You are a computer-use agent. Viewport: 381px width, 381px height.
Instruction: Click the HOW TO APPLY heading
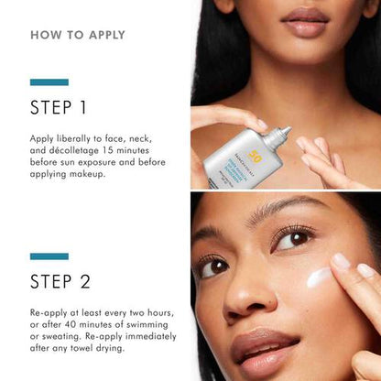coord(78,36)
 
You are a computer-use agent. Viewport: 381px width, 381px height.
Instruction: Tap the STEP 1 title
coord(59,108)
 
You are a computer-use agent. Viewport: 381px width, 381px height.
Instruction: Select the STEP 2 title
coord(59,280)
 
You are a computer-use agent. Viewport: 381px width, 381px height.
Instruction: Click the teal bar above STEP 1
coord(49,82)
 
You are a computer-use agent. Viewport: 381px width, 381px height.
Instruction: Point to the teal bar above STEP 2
coord(49,256)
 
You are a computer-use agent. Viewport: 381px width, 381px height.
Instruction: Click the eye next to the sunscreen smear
coord(292,240)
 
